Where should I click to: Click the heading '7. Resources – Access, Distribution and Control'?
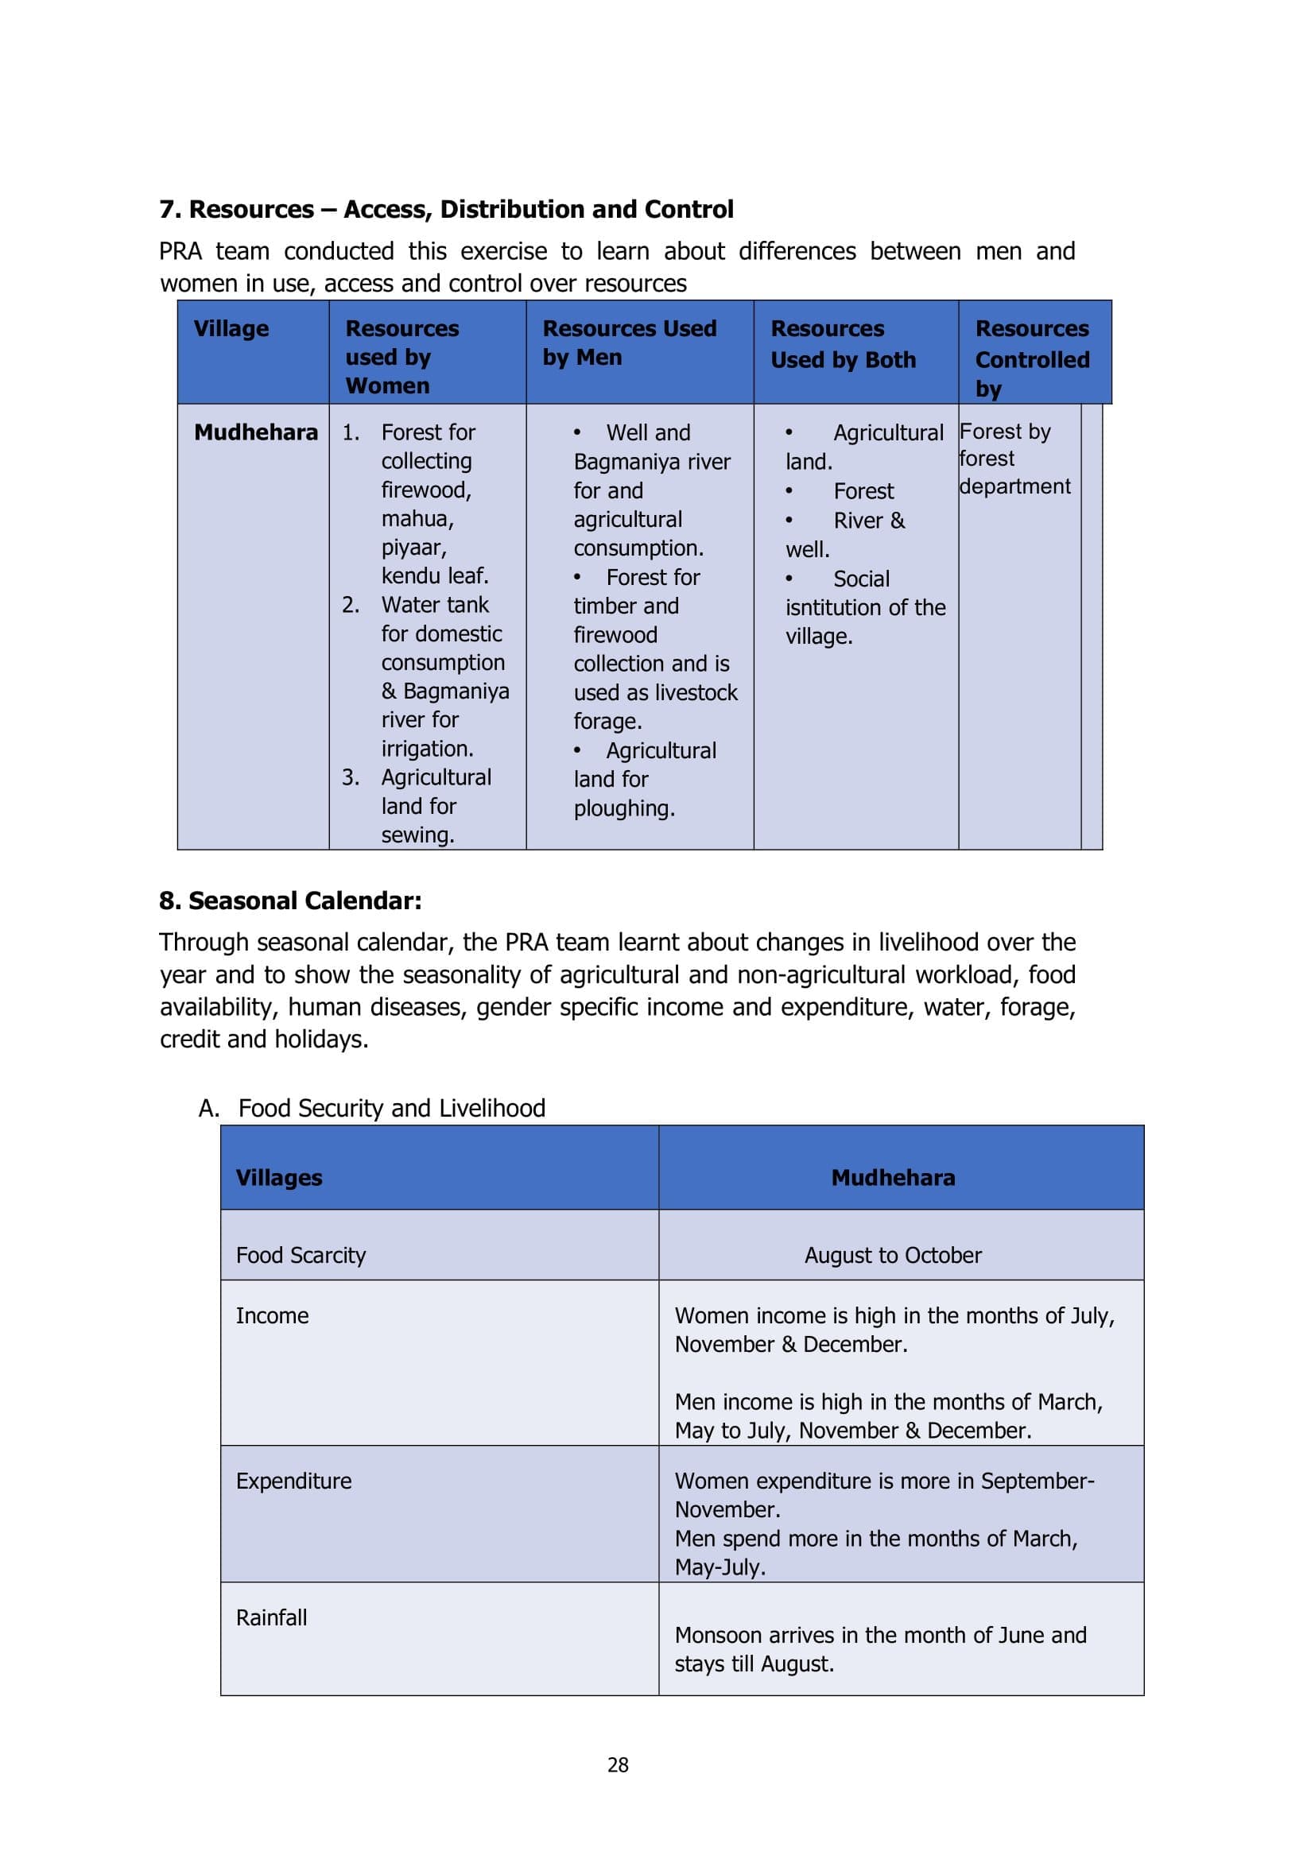tap(446, 210)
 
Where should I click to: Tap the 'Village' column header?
tap(231, 329)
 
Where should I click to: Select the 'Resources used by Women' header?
tap(401, 356)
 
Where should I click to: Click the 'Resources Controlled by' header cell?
tap(1032, 358)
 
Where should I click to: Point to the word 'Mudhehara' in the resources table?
tap(256, 432)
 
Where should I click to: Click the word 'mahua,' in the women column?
tap(417, 518)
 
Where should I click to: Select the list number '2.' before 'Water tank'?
tap(351, 605)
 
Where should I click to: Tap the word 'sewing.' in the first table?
tap(418, 835)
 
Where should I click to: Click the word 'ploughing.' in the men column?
tap(624, 808)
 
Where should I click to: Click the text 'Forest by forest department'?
tap(1014, 459)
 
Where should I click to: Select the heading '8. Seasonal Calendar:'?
tap(290, 901)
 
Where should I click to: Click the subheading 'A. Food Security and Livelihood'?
tap(372, 1108)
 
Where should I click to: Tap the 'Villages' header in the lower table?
tap(278, 1177)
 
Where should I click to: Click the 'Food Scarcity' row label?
tap(301, 1255)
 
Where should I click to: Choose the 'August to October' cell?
tap(892, 1255)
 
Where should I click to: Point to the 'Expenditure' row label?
tap(293, 1481)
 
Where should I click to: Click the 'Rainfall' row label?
tap(271, 1617)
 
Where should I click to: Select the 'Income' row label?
tap(272, 1315)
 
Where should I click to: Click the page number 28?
tap(618, 1765)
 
